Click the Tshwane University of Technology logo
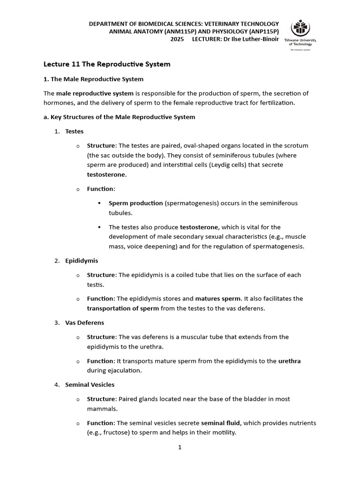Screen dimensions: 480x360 click(x=300, y=34)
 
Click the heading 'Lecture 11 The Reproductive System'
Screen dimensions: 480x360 click(x=107, y=64)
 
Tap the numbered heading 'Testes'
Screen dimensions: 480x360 click(x=75, y=131)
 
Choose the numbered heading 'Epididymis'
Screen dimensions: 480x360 click(x=82, y=261)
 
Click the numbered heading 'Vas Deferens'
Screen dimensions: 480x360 click(x=85, y=322)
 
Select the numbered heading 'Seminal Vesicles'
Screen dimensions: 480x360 click(x=90, y=384)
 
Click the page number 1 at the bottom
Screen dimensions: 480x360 click(x=180, y=447)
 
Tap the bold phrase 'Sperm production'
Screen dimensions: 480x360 click(x=135, y=203)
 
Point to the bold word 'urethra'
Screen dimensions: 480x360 click(x=289, y=361)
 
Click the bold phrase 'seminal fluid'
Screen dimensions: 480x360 click(x=221, y=423)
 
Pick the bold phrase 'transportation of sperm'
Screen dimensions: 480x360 click(x=123, y=308)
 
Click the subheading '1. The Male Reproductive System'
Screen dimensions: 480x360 click(x=93, y=79)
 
